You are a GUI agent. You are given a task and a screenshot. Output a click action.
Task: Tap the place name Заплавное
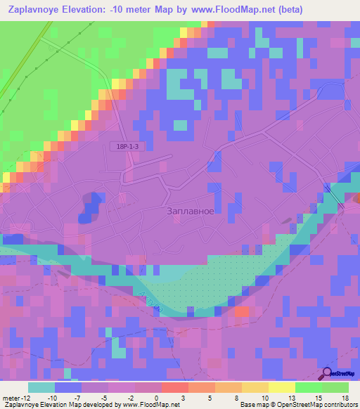190,210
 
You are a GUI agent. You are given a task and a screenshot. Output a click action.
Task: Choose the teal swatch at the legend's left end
41,387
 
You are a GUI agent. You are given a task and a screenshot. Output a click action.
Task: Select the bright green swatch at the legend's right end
335,387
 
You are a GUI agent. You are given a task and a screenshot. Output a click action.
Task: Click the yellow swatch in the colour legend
282,387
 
